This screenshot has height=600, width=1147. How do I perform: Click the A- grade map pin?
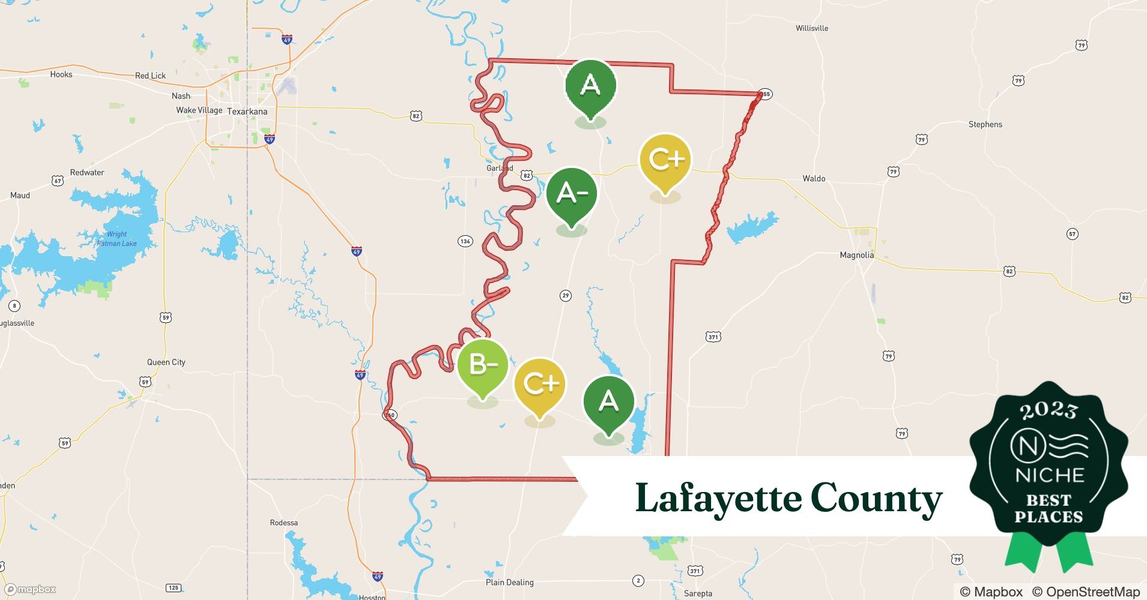[x=571, y=194]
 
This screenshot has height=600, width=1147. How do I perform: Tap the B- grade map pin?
[x=482, y=365]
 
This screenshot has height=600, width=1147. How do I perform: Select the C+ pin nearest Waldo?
[x=665, y=160]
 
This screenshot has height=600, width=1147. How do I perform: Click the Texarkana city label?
[x=247, y=112]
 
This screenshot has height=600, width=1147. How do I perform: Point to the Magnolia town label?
[x=856, y=255]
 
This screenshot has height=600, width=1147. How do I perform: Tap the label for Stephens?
[x=985, y=124]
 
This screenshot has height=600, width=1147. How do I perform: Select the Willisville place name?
[x=811, y=28]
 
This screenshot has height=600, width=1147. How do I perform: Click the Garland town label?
[x=499, y=168]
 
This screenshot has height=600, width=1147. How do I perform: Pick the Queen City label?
[x=166, y=362]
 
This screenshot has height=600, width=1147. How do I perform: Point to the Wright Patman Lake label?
[x=117, y=239]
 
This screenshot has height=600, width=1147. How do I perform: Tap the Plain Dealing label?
[x=509, y=582]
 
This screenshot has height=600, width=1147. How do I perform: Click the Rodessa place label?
[x=283, y=523]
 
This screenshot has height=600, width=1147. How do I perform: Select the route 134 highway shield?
[x=465, y=241]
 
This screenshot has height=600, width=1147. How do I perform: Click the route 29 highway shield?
[x=565, y=295]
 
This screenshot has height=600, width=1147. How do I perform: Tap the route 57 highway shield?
[x=1072, y=234]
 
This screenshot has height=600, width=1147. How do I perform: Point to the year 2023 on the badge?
[x=1048, y=410]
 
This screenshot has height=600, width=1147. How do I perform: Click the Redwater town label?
[x=87, y=172]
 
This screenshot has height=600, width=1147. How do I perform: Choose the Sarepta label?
[x=698, y=593]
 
